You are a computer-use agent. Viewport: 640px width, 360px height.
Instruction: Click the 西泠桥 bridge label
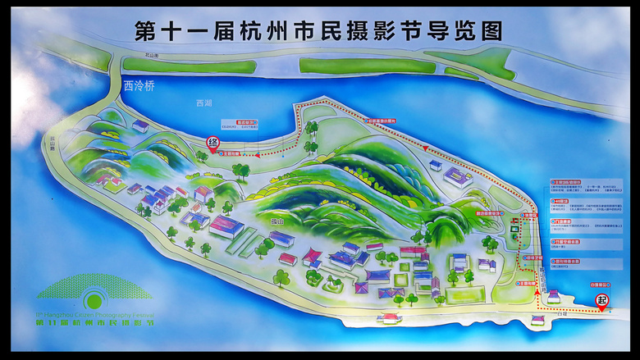point(138,84)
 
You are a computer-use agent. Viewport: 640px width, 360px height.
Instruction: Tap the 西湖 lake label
point(203,103)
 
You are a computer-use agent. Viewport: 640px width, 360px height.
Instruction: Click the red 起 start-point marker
point(602,301)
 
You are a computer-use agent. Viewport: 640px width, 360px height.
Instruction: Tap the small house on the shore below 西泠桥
point(140,126)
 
